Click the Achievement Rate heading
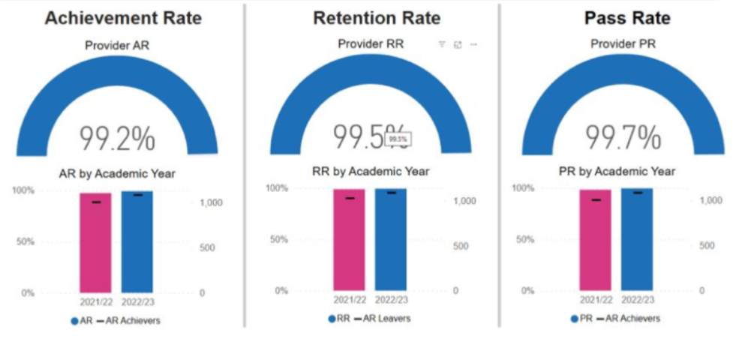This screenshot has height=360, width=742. pos(123,18)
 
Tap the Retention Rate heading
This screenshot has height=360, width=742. pos(376,18)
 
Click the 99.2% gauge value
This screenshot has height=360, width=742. pos(118,139)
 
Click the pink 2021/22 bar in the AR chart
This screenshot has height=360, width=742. pos(96,244)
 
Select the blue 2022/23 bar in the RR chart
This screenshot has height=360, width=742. pos(391,240)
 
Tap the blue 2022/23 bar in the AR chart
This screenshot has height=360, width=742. pos(137,241)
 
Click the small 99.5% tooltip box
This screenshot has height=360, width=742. pos(398,139)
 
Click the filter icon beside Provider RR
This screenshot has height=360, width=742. pos(442,45)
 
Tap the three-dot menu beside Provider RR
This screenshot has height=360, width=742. pos(473,45)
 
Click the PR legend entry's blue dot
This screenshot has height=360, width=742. pos(574,319)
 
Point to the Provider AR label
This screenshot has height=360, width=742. pos(118,46)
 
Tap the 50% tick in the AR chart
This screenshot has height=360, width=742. pos(27,241)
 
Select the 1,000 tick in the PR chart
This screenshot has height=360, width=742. pos(711,200)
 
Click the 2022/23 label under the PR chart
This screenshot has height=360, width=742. pos(636,299)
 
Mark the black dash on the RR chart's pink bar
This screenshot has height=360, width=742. pos(350,198)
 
